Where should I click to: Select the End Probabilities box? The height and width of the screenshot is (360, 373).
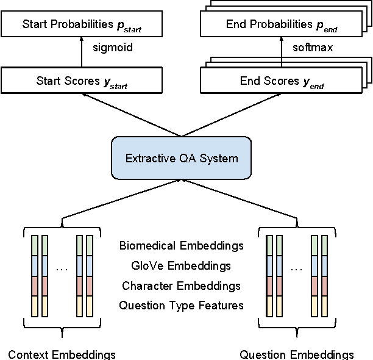pyautogui.click(x=282, y=25)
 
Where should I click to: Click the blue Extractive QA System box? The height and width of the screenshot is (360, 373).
pyautogui.click(x=181, y=159)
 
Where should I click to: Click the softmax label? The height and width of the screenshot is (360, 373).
pyautogui.click(x=313, y=48)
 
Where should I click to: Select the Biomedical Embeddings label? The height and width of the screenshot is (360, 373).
pyautogui.click(x=182, y=246)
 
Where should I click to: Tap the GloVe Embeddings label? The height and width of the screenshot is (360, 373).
pyautogui.click(x=181, y=266)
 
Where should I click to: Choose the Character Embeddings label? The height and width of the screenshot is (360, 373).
pyautogui.click(x=181, y=286)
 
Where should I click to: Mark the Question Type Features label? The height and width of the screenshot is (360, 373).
pyautogui.click(x=182, y=305)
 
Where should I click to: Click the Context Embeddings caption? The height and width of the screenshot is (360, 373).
pyautogui.click(x=62, y=355)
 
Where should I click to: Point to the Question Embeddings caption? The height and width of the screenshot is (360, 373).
pyautogui.click(x=297, y=355)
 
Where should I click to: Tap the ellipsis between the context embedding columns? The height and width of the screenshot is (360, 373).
pyautogui.click(x=62, y=268)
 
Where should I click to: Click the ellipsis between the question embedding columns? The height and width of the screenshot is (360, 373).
pyautogui.click(x=297, y=268)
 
